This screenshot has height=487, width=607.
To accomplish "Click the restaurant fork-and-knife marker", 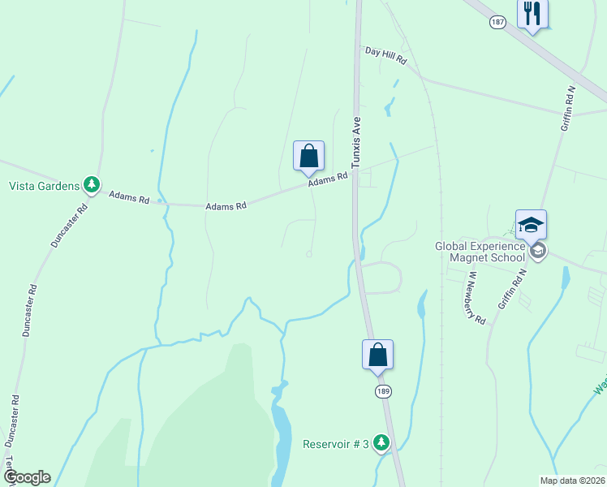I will point(532,13).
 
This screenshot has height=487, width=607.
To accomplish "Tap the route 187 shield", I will point(498,22).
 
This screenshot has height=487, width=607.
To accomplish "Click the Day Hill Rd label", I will point(385,55).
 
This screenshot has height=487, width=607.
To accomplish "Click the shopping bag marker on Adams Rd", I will point(308,155).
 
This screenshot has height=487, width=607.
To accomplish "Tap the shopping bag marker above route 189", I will point(377,355).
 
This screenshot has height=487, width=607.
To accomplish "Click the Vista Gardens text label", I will point(44,185).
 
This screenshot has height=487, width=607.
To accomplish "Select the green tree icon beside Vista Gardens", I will point(93,185).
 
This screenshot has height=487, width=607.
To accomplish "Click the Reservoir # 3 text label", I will point(336,444).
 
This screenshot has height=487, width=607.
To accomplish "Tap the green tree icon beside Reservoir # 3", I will point(381,443).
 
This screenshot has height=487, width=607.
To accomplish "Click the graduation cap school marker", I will point(531,225).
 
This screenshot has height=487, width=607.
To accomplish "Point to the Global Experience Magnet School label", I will point(480,252).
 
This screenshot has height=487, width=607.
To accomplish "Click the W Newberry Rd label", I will point(475,297).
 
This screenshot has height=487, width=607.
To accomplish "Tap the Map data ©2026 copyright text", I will point(572,481).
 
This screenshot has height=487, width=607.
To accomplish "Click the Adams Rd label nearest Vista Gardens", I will point(130,197).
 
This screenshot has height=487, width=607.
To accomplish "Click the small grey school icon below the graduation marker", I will point(537,251).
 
